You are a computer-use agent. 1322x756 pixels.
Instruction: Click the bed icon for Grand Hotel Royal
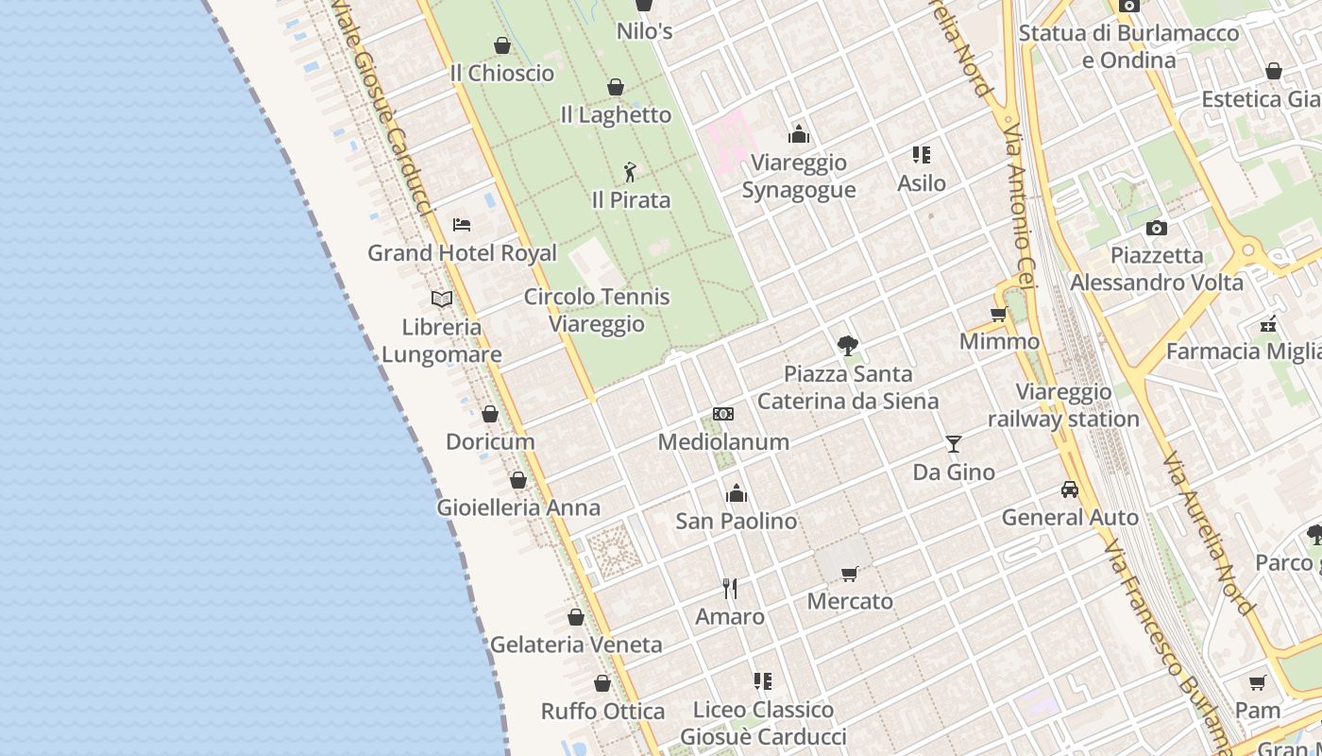[x=462, y=225]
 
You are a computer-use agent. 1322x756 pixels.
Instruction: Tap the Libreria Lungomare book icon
[x=442, y=299]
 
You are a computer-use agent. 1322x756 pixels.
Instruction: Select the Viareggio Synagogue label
[x=798, y=176]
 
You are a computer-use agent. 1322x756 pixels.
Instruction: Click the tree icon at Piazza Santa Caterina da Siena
[x=848, y=346]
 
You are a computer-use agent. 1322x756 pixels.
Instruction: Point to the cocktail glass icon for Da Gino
[x=954, y=443]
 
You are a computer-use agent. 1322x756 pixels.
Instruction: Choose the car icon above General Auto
[x=1070, y=490]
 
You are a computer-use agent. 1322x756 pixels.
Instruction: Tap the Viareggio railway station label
[x=1063, y=405]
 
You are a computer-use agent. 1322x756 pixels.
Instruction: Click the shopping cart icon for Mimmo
[x=999, y=314]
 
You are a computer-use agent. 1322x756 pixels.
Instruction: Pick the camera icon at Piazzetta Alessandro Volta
[x=1156, y=228]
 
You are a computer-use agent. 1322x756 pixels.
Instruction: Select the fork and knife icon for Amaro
[x=730, y=589]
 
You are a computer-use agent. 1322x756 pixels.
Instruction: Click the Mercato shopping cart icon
[x=850, y=574]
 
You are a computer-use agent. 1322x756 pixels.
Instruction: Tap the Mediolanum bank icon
[x=723, y=414]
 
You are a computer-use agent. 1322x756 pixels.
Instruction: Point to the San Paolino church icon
[x=737, y=493]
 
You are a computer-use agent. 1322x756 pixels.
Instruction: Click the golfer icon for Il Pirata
[x=631, y=172]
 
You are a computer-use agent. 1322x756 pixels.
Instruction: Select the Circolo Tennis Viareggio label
[x=597, y=310]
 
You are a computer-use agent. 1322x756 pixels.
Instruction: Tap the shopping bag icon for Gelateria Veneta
[x=576, y=617]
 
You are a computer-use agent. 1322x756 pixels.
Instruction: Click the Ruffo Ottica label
[x=602, y=711]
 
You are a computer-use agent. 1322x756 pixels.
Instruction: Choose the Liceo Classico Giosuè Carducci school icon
[x=763, y=681]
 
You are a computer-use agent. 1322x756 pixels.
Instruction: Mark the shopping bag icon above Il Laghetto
[x=616, y=87]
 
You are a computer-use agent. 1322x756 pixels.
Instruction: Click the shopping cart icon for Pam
[x=1258, y=682]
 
